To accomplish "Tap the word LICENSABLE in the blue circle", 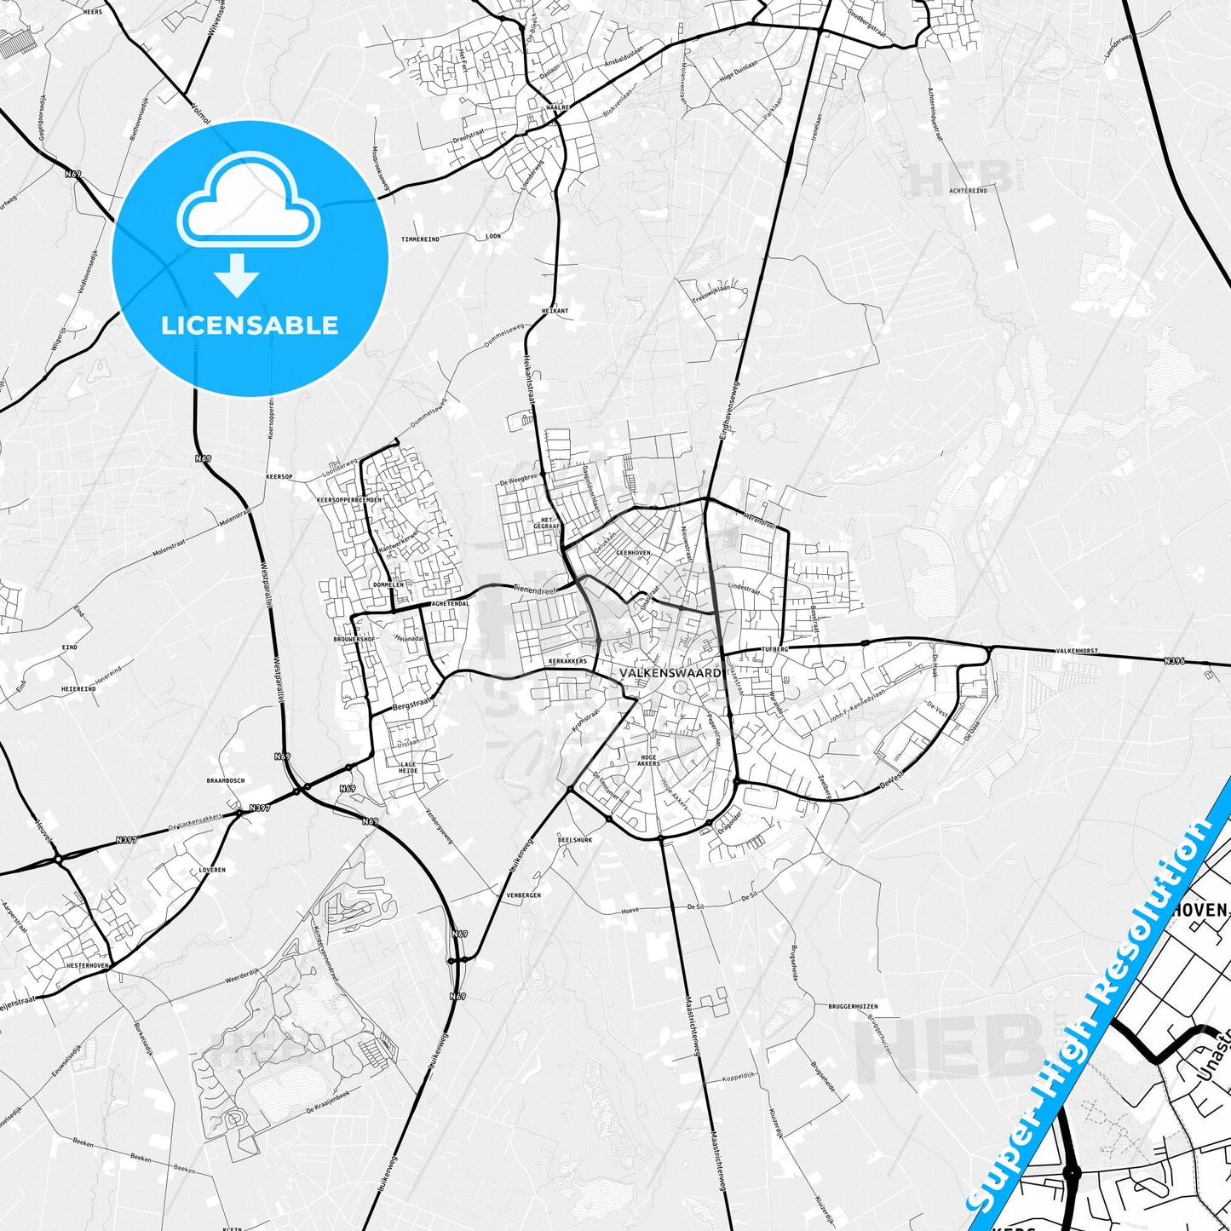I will point(250,325).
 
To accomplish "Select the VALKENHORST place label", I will point(1077,651).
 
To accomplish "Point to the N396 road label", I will point(1175,660).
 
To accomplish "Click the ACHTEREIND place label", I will point(969,191).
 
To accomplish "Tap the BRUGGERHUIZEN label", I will point(853,1006).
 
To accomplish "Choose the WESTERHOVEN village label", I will point(87,966).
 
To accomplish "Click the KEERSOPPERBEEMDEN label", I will point(349,499).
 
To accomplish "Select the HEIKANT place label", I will point(555,311).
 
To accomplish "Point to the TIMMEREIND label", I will point(421,239).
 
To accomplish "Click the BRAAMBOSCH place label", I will point(226,780).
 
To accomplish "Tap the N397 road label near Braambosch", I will point(259,808).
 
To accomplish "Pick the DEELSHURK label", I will point(574,839).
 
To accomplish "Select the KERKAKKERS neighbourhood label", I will point(567,661).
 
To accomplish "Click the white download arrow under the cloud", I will point(237,274).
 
